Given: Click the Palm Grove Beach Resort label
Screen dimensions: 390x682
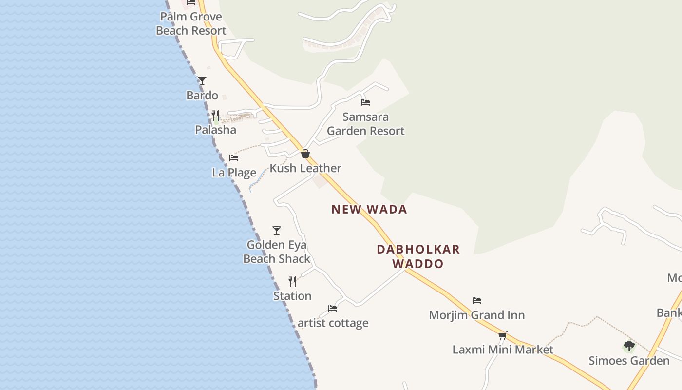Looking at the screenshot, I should click(x=191, y=23).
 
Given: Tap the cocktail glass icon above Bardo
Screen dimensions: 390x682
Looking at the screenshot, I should click(x=202, y=81).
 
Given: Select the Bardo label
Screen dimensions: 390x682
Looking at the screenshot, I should click(x=202, y=95).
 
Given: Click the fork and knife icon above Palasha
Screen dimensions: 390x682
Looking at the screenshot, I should click(x=215, y=116).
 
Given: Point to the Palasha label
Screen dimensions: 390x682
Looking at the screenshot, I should click(x=215, y=130).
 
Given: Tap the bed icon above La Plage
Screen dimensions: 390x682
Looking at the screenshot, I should click(x=234, y=158).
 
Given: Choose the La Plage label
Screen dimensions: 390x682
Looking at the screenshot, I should click(x=234, y=172).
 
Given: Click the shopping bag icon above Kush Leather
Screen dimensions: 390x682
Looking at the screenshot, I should click(x=305, y=154).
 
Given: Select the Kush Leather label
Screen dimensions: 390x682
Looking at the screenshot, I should click(x=305, y=168).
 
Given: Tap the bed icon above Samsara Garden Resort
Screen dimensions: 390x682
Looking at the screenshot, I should click(x=365, y=102).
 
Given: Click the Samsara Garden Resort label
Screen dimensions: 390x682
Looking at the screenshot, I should click(x=365, y=124).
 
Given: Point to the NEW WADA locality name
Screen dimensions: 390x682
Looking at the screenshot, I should click(x=369, y=209).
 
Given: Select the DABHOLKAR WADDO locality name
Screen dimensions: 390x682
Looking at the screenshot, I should click(x=418, y=256).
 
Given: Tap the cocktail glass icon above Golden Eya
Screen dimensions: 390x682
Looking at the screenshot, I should click(x=277, y=231).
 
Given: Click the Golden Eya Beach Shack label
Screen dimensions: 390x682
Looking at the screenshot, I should click(x=277, y=252).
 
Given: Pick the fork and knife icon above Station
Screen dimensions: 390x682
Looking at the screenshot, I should click(x=292, y=282).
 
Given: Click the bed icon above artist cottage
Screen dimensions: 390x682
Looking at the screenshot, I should click(x=333, y=309).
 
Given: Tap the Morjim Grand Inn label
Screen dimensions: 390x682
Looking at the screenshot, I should click(x=476, y=315).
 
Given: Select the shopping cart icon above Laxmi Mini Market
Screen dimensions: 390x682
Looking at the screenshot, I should click(x=503, y=335).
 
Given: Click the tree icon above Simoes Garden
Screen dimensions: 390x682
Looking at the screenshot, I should click(x=629, y=347).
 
